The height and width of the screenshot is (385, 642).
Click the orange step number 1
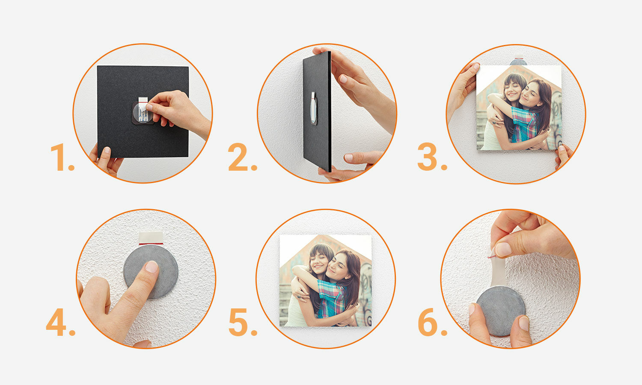point(62,157)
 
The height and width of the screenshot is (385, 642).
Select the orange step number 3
point(432,157)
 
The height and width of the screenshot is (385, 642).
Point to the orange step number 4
point(60,322)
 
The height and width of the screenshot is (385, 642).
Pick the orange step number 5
point(243,322)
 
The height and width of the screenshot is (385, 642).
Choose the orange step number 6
point(432,322)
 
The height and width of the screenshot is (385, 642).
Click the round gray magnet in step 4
point(151,272)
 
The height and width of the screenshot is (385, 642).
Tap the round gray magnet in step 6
point(500,311)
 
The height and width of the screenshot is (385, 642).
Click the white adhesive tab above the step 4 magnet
point(151,238)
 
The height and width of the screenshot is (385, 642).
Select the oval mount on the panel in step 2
point(314,108)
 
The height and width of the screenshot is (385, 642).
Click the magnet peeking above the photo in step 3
point(518,62)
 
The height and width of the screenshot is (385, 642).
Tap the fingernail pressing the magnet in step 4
point(152,267)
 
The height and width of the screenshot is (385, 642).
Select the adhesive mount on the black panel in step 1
point(143,112)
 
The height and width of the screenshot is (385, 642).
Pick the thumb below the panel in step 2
point(362,158)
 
